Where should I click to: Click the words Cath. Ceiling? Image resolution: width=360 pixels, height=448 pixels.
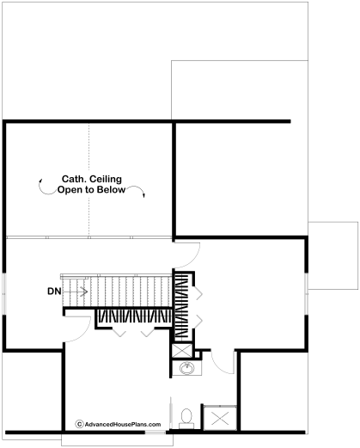click(x=92, y=179)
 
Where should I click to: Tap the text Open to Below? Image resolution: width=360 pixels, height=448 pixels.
click(x=91, y=190)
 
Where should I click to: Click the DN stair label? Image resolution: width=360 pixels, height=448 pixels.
click(x=54, y=292)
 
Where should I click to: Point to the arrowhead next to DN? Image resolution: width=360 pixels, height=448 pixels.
click(x=85, y=292)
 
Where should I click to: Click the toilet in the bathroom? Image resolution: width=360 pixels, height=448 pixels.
click(x=186, y=418)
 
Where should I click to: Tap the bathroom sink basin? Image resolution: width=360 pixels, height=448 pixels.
click(x=186, y=368)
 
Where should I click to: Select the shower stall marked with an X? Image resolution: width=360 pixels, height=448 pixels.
click(x=220, y=418)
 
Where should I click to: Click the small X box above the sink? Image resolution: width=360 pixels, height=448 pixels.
click(x=182, y=351)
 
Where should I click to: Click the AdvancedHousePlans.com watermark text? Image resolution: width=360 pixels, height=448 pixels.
click(x=123, y=425)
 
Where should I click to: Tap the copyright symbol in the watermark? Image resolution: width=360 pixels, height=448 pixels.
click(x=79, y=424)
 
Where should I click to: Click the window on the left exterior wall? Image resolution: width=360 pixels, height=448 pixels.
click(x=4, y=293)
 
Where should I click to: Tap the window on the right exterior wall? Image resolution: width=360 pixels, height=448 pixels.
click(x=307, y=293)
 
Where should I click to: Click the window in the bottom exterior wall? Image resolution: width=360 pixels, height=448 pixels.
click(x=156, y=433)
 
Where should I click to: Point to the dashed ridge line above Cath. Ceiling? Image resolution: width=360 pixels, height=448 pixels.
click(x=88, y=180)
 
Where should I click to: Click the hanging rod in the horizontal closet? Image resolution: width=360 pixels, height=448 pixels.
click(x=135, y=316)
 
